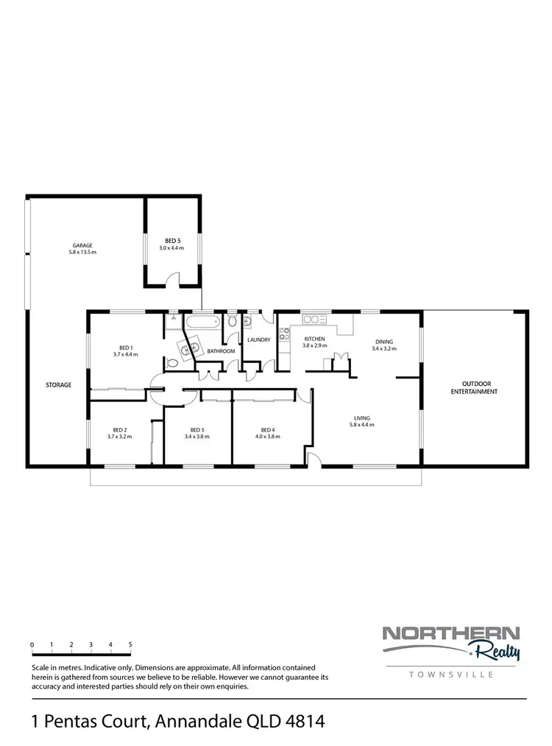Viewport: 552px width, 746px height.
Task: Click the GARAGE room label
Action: pos(83,244)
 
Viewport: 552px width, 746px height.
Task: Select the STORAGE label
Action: pos(59,384)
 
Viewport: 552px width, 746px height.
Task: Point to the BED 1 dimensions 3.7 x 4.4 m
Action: pos(126,354)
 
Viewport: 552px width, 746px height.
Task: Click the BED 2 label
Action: pos(120,429)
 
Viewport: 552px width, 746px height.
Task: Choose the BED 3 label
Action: pos(197,429)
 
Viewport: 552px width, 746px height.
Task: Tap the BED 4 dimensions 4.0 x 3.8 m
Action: pos(267,436)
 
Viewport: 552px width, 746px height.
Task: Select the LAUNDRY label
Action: pos(259,339)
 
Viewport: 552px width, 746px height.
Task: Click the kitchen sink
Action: pos(315,319)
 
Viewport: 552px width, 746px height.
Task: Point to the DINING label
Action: pos(384,341)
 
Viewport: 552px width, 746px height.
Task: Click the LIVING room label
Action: pos(362,418)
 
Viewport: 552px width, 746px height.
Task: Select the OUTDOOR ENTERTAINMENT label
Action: pos(475,387)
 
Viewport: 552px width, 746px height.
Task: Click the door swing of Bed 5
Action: pos(172,278)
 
